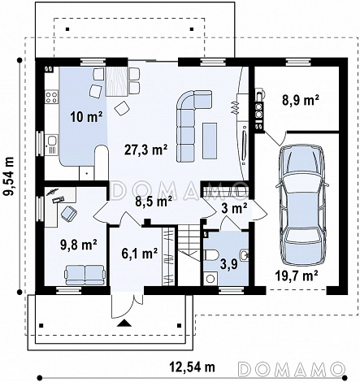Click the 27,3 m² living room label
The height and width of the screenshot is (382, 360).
[145, 150]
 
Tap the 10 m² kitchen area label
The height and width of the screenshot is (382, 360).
[86, 117]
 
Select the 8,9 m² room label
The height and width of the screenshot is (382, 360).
[300, 100]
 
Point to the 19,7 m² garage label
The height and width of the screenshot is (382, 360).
[297, 276]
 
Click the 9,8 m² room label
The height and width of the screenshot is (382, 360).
[79, 245]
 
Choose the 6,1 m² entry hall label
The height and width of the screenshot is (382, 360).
[140, 254]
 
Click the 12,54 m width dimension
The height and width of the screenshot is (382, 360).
[192, 367]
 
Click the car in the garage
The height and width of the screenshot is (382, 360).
[302, 205]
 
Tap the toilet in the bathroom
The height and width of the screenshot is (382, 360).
[210, 255]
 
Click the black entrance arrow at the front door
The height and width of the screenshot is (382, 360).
[124, 323]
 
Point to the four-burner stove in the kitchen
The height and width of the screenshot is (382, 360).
[51, 98]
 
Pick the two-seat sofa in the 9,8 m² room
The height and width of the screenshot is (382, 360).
[85, 275]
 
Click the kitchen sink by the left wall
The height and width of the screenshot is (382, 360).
[52, 141]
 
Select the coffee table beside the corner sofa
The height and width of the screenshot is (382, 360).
[210, 141]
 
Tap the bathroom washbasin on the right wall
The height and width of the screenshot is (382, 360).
[245, 255]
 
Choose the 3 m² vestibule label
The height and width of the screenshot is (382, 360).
[234, 209]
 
